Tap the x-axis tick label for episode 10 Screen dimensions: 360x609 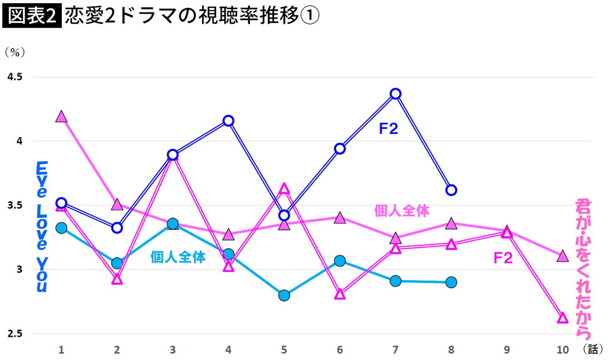click(563, 350)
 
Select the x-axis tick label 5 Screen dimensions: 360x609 click(284, 350)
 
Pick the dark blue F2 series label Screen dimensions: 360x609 click(389, 129)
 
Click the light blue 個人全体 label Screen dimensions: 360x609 click(178, 257)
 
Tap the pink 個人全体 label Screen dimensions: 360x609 click(402, 210)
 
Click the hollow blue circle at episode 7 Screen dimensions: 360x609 click(395, 94)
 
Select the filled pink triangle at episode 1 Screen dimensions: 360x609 click(61, 117)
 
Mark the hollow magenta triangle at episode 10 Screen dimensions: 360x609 click(563, 318)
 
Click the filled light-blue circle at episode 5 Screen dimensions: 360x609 click(284, 295)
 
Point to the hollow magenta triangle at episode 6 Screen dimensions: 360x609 click(340, 295)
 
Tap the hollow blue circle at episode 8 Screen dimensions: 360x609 click(451, 190)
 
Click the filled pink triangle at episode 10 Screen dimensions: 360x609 click(563, 256)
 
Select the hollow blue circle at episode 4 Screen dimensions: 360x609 click(229, 121)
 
